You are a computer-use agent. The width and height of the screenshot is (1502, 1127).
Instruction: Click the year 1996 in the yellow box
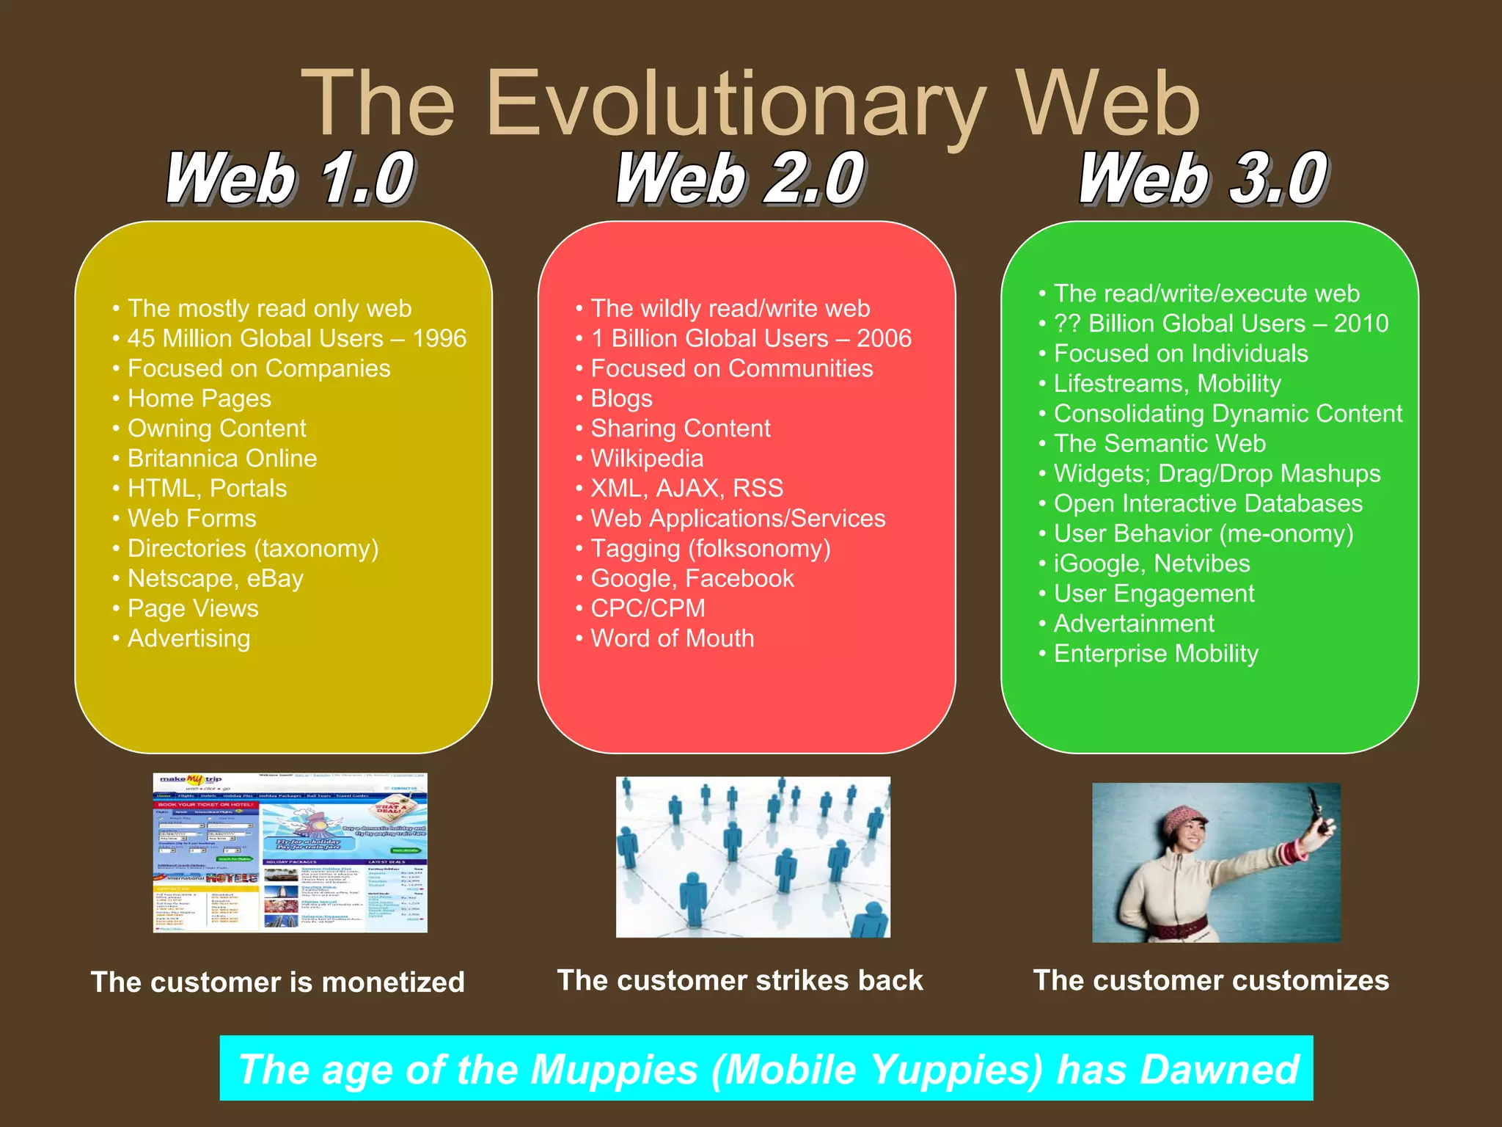(439, 338)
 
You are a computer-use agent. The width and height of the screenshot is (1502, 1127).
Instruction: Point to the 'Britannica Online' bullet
(221, 459)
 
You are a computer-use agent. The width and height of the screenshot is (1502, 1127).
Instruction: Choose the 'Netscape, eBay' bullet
(215, 579)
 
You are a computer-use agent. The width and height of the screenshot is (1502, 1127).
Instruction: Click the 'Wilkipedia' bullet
(647, 459)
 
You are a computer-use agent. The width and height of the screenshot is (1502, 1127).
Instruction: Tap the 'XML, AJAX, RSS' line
(686, 489)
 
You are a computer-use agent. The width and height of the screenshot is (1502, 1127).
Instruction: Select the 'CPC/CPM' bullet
(648, 608)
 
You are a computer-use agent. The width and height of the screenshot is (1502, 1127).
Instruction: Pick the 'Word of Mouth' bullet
(672, 638)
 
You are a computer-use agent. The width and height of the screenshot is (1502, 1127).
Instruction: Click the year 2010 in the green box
(1361, 324)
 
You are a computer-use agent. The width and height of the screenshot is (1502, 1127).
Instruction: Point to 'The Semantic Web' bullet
(1160, 444)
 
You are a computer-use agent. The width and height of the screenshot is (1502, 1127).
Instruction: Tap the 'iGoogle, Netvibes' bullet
(1151, 563)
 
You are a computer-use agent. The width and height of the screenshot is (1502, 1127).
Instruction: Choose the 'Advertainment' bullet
(1134, 624)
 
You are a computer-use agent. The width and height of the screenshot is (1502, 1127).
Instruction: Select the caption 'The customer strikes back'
(740, 981)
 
